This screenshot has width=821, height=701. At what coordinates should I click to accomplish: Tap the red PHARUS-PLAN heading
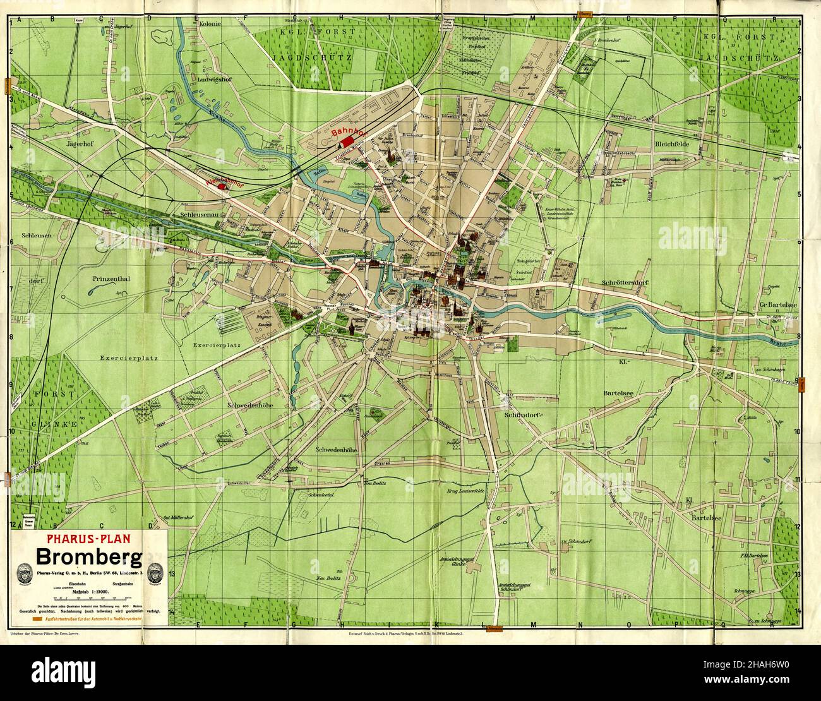point(88,540)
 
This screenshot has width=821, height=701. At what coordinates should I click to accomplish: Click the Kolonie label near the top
point(210,24)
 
